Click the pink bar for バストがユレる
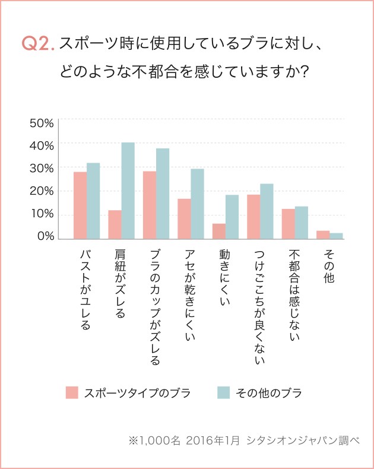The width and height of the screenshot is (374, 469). (80, 205)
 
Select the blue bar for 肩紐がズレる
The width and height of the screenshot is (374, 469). (128, 191)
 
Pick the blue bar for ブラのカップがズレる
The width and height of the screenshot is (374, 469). (163, 194)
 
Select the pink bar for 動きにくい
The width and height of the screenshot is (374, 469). (218, 232)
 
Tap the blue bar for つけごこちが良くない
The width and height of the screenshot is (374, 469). (267, 211)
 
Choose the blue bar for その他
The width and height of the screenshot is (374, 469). (336, 236)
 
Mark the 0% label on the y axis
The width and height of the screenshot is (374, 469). (45, 237)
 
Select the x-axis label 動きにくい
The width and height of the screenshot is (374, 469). (225, 279)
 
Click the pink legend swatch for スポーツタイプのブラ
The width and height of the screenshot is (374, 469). (72, 392)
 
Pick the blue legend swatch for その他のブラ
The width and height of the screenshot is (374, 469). (223, 392)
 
